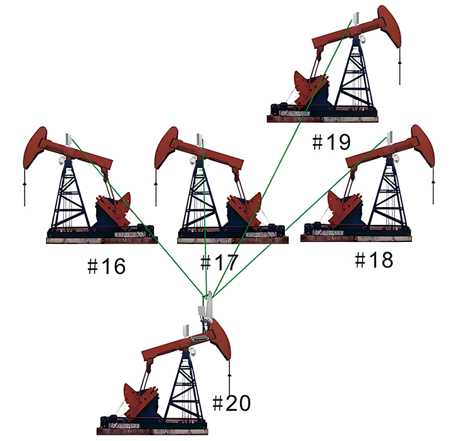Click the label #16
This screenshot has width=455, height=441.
tap(107, 266)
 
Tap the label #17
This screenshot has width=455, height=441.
tap(219, 262)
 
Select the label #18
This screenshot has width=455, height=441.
tap(374, 260)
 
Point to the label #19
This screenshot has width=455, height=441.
tap(331, 142)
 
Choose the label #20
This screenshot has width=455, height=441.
tap(231, 402)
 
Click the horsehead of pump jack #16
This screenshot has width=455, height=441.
tap(34, 147)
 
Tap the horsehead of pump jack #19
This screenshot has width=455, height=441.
tap(391, 25)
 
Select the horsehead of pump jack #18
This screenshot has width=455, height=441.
tap(424, 146)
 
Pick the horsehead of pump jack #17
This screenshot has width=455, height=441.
tap(166, 147)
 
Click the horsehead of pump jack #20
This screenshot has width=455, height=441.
tap(221, 339)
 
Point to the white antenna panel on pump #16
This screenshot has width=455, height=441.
tap(68, 140)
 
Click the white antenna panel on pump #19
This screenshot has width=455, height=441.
tap(356, 18)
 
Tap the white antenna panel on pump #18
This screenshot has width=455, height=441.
tap(390, 138)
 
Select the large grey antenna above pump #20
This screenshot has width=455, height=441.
tap(209, 308)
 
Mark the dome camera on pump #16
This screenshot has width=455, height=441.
tap(61, 160)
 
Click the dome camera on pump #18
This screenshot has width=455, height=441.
tap(396, 159)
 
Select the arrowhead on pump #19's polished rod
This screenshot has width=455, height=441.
tap(400, 62)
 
